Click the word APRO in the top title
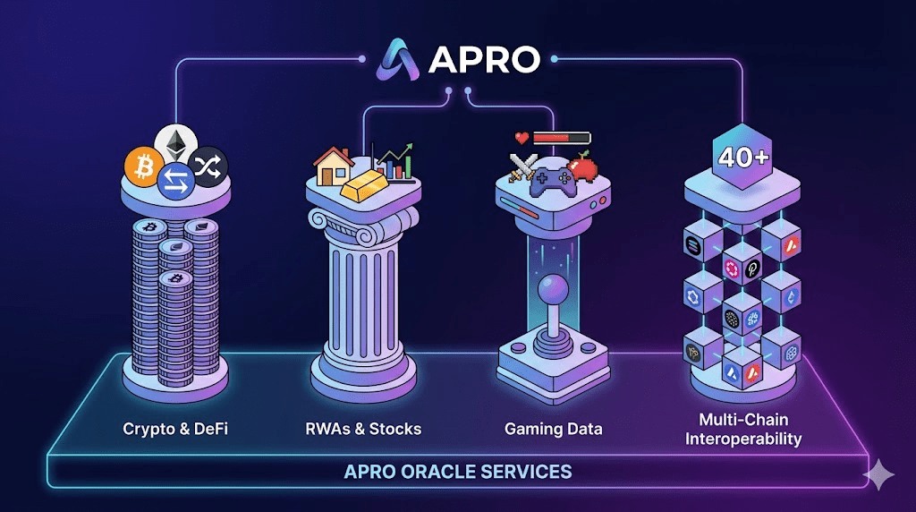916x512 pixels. tap(484, 59)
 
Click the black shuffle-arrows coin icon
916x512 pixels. tap(209, 164)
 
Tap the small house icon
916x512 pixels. tap(333, 165)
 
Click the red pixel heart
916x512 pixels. tap(522, 138)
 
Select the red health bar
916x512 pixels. tap(562, 138)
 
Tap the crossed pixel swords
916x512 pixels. tap(523, 167)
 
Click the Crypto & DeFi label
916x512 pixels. tap(175, 429)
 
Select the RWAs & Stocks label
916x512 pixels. tap(364, 429)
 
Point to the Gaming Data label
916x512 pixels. tap(553, 429)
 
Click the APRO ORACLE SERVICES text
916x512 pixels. tap(457, 471)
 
